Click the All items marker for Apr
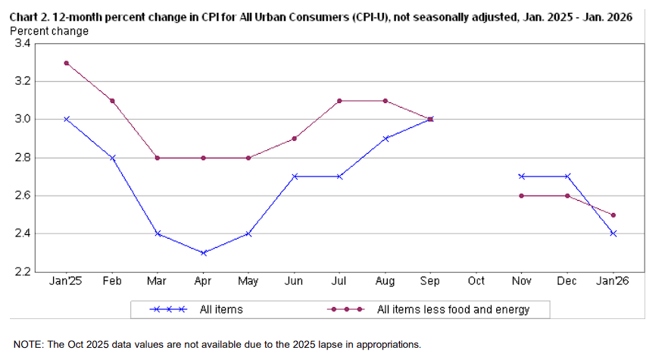(203, 252)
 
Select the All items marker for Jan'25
(67, 119)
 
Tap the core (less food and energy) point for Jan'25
(67, 63)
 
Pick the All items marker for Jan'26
(613, 233)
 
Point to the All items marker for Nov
(522, 176)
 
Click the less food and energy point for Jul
(339, 101)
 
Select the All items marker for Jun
(294, 176)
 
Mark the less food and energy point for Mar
(158, 158)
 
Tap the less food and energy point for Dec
(567, 196)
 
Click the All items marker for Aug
(385, 138)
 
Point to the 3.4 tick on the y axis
(23, 44)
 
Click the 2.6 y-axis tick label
(23, 196)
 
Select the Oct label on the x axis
(476, 281)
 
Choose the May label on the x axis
(248, 281)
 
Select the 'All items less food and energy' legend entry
(453, 309)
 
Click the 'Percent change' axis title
(49, 31)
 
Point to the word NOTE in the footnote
(27, 344)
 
